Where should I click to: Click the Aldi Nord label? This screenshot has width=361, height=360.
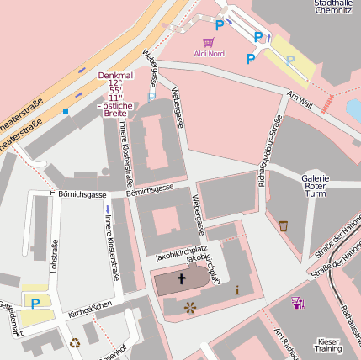(x=210, y=54)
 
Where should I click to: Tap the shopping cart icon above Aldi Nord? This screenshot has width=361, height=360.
(x=208, y=41)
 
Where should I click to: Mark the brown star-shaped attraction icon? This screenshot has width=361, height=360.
(x=190, y=308)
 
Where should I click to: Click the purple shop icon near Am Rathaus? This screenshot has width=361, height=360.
(x=297, y=301)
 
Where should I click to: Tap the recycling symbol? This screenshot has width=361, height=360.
(x=75, y=342)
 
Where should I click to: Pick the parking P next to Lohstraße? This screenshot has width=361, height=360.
(x=35, y=303)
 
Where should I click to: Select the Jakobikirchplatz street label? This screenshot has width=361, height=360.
(x=181, y=250)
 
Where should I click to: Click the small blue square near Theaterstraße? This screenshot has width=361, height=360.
(x=65, y=111)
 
